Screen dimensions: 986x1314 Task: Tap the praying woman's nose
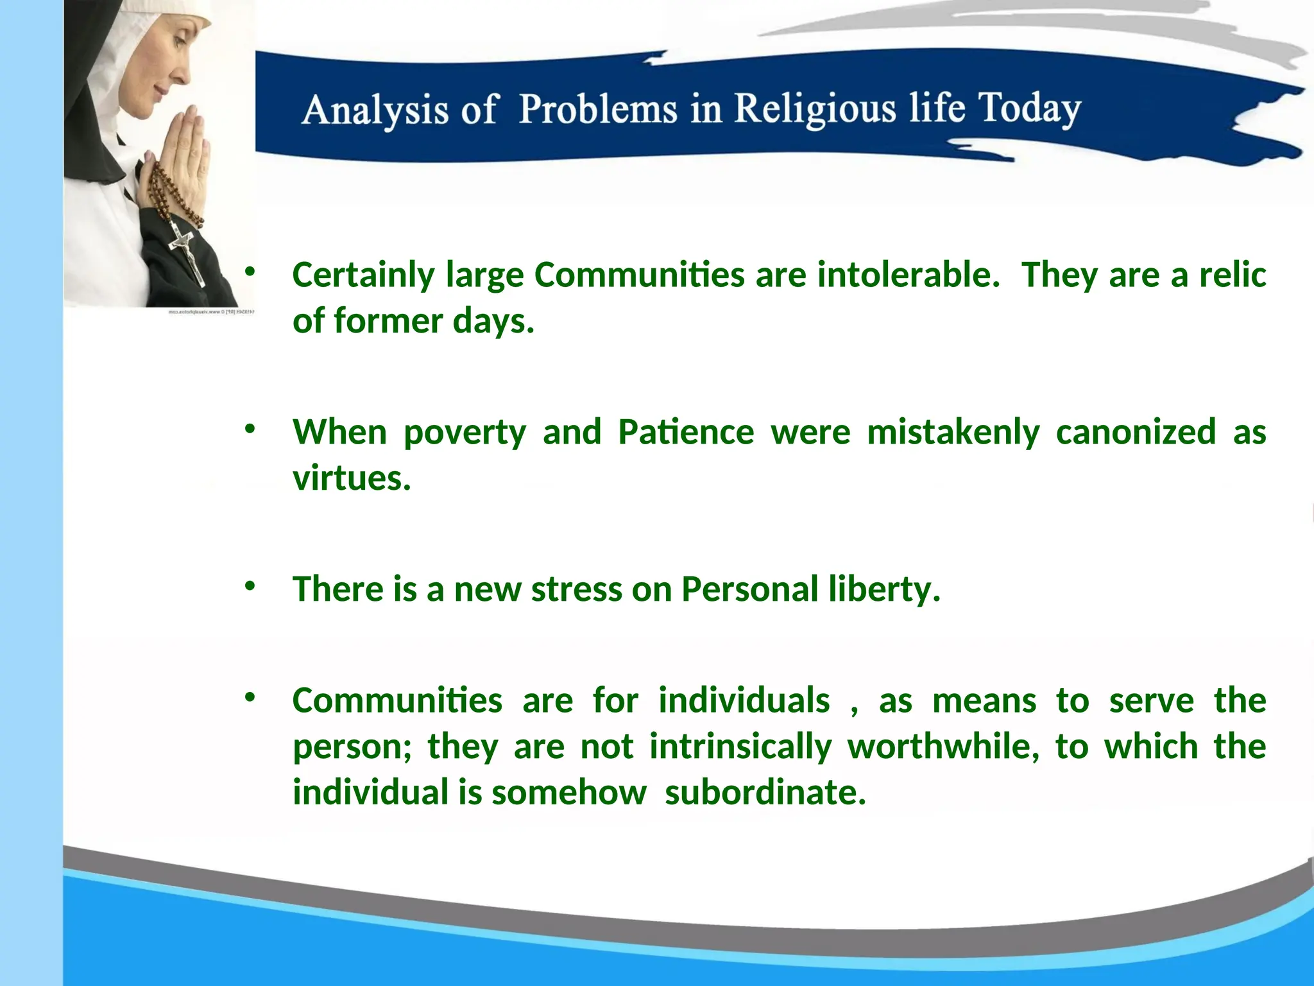click(183, 75)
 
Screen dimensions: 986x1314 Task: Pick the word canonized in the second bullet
click(1136, 432)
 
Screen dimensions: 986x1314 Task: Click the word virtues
click(351, 478)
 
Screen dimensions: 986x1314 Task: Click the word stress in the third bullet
click(576, 589)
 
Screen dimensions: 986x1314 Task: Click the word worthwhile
click(943, 747)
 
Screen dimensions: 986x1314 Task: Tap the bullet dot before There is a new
click(250, 585)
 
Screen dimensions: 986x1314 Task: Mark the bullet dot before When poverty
click(250, 428)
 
